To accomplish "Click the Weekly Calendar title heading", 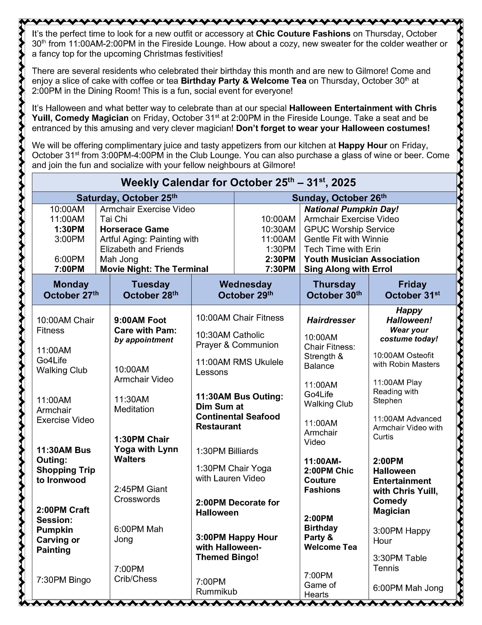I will (238, 183).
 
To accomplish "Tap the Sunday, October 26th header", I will (339, 198).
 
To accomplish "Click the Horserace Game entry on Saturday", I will (134, 229).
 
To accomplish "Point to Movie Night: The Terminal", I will (154, 269).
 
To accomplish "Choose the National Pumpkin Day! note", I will (351, 209).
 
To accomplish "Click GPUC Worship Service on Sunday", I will (349, 229).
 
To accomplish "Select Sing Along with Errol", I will (348, 269).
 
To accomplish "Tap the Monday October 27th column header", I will (71, 290).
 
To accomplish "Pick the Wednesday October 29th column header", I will (245, 290).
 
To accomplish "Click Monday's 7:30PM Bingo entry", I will (63, 580).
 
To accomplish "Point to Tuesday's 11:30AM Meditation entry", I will (134, 404).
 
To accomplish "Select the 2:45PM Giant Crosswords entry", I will (141, 494).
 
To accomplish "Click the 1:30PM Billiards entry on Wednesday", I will (227, 451).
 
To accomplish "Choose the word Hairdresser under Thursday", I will (331, 320).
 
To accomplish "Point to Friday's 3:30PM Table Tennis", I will (400, 563).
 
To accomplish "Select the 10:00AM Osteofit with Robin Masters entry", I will (406, 360).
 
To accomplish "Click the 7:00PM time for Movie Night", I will (69, 269).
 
